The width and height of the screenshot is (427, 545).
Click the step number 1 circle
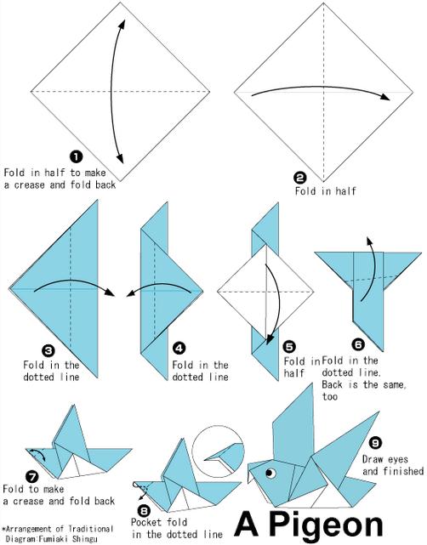(77, 156)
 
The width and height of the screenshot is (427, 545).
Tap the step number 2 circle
(300, 178)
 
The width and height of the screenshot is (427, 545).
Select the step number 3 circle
(48, 350)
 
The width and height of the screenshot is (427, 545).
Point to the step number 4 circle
(179, 348)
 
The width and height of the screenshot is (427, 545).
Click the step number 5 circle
(289, 346)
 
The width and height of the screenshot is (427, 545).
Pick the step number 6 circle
(358, 344)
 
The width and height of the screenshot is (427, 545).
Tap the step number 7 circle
(32, 476)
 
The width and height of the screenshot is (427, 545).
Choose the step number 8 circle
(145, 511)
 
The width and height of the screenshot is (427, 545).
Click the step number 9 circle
(375, 443)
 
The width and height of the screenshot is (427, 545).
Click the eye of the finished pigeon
(270, 473)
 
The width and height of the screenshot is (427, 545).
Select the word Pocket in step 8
(146, 522)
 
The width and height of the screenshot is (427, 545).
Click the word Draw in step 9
(373, 459)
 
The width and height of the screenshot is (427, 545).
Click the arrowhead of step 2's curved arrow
(385, 97)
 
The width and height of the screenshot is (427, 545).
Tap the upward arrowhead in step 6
(369, 241)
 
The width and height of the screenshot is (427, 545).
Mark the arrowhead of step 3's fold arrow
(110, 292)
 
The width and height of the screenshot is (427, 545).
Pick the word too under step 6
(330, 396)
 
